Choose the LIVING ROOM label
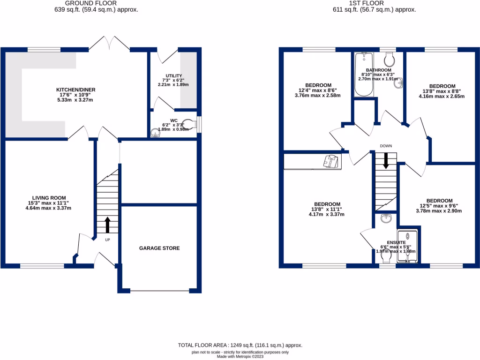click(49, 197)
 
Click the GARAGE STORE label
click(159, 248)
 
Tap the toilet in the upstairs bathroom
click(388, 59)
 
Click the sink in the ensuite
click(386, 218)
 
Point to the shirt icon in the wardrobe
click(331, 161)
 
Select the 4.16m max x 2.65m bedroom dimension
click(442, 97)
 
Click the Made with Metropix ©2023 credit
click(240, 357)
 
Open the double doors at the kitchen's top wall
click(109, 45)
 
